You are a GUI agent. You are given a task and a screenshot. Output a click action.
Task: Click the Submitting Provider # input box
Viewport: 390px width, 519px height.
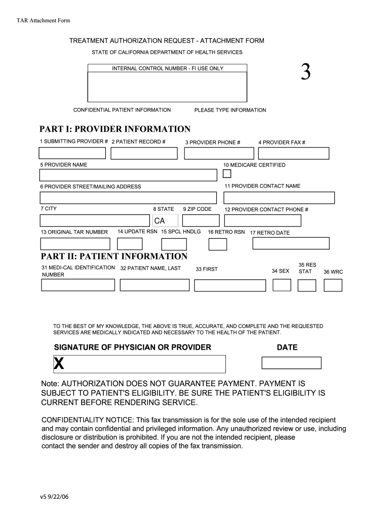[x=72, y=153]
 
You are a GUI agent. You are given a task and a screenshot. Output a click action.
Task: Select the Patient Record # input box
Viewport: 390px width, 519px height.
[x=144, y=153]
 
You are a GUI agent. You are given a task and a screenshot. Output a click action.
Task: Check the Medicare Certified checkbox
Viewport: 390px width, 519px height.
[x=227, y=174]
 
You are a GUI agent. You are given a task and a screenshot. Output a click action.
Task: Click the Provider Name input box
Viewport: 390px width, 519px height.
[x=128, y=175]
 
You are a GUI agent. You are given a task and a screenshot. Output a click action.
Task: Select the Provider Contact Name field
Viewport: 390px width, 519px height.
[x=279, y=198]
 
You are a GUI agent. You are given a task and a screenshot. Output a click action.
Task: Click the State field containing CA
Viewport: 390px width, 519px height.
[x=165, y=220]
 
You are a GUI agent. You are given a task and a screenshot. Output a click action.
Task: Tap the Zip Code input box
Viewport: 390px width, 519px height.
[x=201, y=220]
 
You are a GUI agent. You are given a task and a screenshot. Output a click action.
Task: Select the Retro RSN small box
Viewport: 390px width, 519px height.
[x=218, y=244]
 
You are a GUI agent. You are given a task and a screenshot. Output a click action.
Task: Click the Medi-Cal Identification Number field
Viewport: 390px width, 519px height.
[x=78, y=285]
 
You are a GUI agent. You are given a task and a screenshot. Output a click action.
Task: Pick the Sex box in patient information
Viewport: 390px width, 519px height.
[x=282, y=285]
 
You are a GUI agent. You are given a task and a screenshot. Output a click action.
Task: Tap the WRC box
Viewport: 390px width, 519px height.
[x=333, y=285]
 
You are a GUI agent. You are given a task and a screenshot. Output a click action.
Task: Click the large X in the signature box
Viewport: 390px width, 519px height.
[x=59, y=363]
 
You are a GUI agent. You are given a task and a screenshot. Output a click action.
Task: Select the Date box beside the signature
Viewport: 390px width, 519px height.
[x=291, y=363]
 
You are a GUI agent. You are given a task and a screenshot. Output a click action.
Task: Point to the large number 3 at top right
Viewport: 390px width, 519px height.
[x=305, y=74]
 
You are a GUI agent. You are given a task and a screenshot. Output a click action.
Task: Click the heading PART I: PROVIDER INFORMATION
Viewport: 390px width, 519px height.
[x=115, y=129]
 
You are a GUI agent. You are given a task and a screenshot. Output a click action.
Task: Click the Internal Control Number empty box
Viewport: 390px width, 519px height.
[x=167, y=86]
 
